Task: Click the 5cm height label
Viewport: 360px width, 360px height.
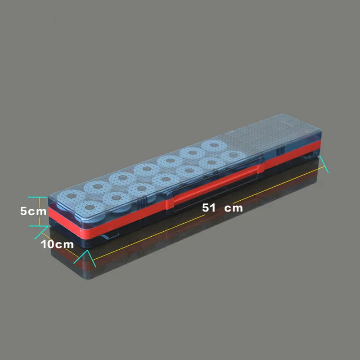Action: tap(33, 211)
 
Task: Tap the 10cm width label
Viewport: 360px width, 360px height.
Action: tap(57, 244)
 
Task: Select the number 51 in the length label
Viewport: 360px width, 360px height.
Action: tap(209, 208)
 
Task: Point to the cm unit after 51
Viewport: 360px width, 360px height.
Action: tap(233, 208)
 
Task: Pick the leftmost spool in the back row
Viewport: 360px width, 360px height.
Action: tap(71, 197)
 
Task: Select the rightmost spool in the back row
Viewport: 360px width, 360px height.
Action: tap(214, 146)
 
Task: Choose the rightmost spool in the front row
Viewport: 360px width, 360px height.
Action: tap(233, 155)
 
